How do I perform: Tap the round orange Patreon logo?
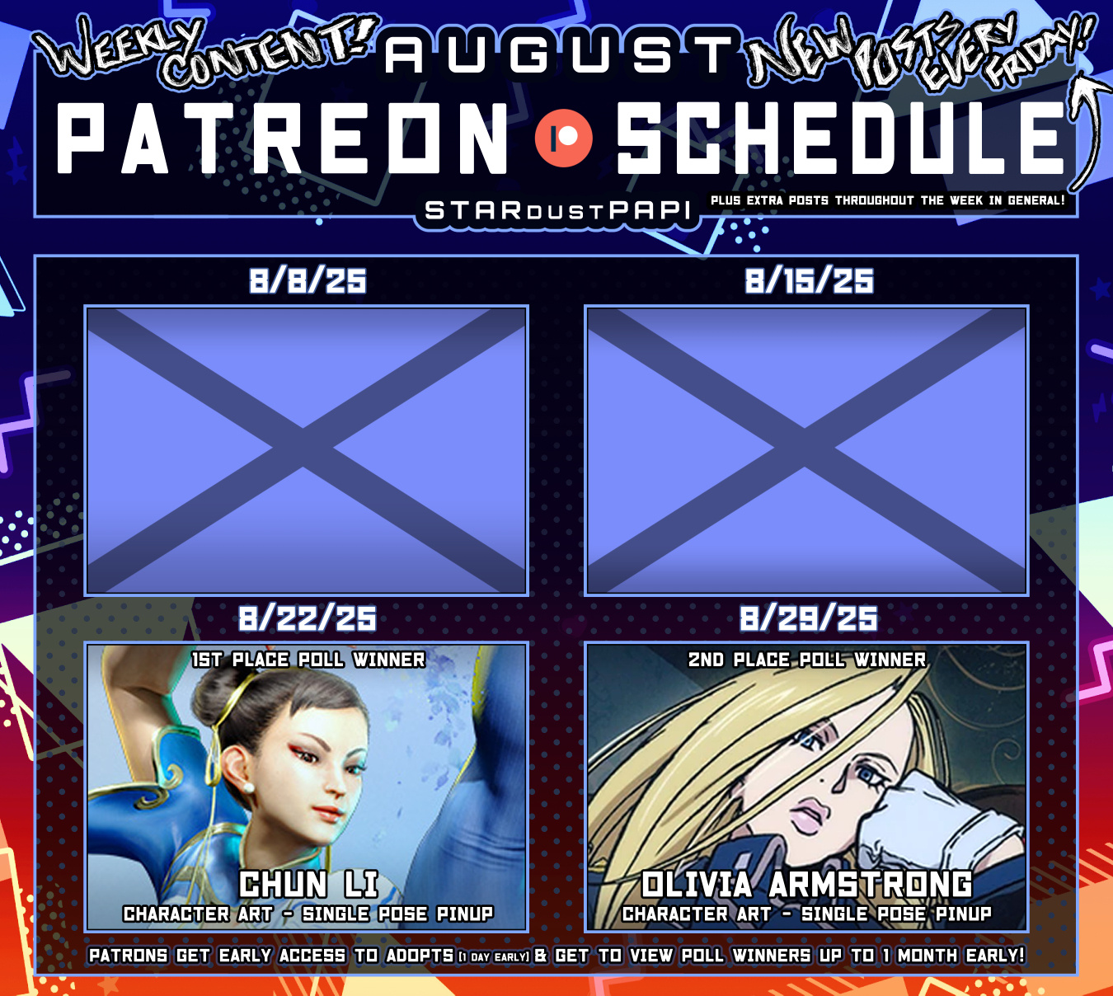point(564,138)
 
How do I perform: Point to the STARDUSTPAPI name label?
point(557,210)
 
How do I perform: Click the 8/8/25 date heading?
point(308,281)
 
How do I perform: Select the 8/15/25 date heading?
point(810,281)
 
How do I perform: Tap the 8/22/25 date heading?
point(307,618)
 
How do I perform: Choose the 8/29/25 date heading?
point(809,618)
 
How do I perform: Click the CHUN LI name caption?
point(308,885)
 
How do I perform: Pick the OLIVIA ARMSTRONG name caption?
point(806,885)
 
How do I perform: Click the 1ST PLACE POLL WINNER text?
point(308,660)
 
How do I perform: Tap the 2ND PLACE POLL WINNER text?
point(807,660)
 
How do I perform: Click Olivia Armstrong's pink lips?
point(806,815)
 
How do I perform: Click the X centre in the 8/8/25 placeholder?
point(303,449)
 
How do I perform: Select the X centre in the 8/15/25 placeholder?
point(805,449)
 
